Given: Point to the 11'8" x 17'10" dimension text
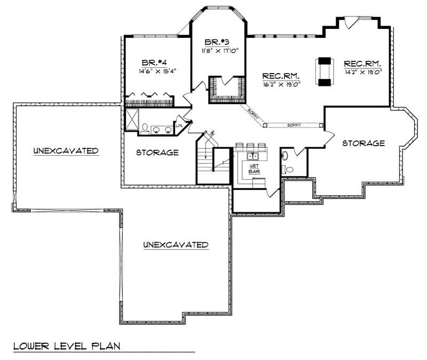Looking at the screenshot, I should coord(219,51).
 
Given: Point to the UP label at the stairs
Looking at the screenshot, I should coord(212,133).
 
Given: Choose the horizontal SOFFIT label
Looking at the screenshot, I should coord(294,124).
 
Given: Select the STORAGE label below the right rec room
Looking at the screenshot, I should coord(363,143).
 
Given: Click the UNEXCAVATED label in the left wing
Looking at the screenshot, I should coord(66,151).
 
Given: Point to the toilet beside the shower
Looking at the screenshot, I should coord(145,127).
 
